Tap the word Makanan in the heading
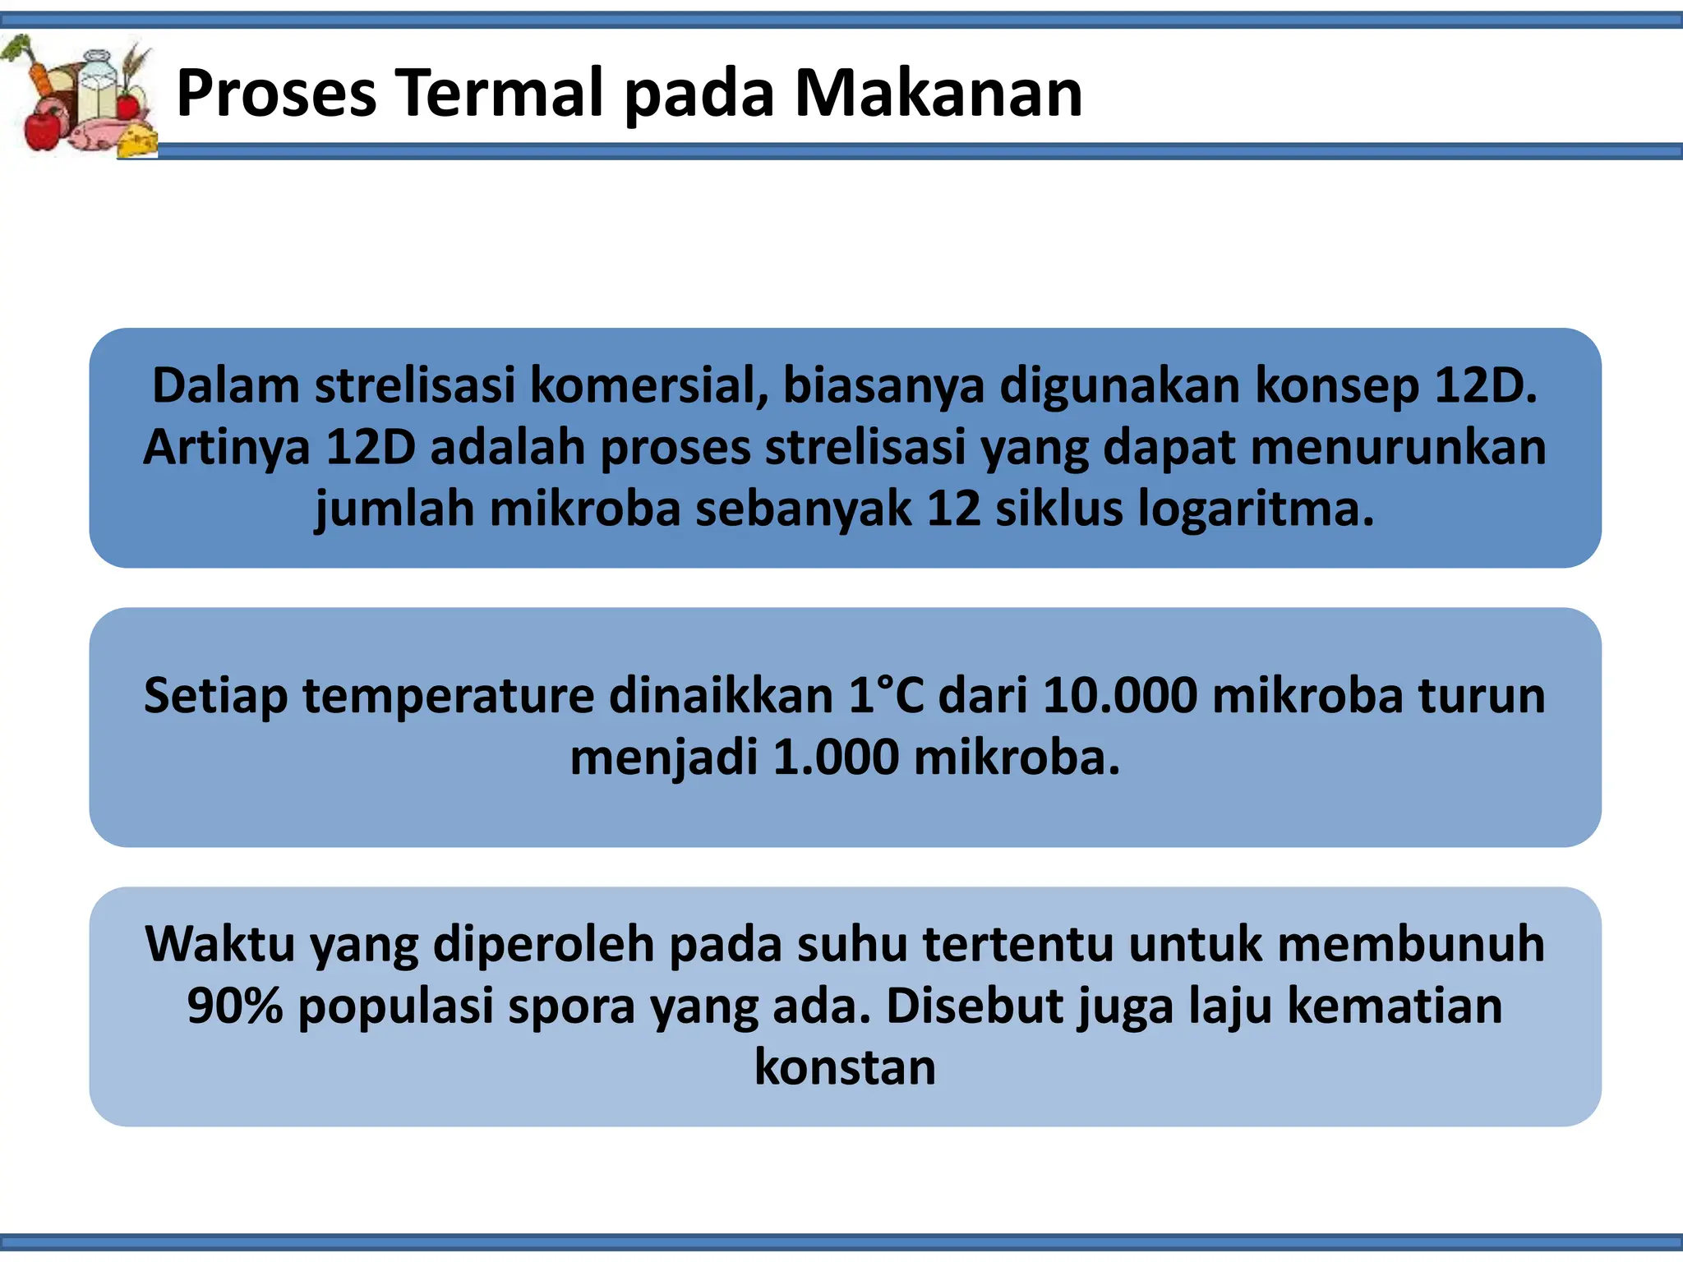coord(938,93)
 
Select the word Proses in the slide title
coord(276,93)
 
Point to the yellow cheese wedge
coord(137,140)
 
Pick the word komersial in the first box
coord(648,385)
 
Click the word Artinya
coord(227,447)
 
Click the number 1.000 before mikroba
coord(836,757)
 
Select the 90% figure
coord(235,1006)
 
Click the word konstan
coord(845,1066)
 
